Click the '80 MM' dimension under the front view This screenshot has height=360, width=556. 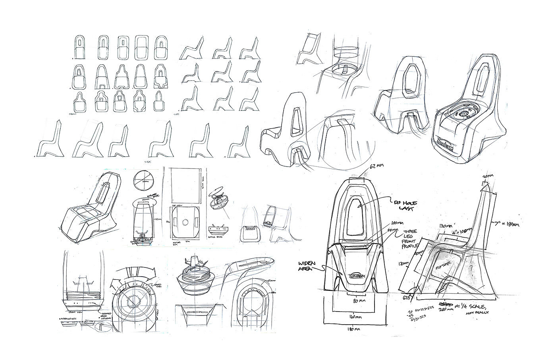[359, 302]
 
